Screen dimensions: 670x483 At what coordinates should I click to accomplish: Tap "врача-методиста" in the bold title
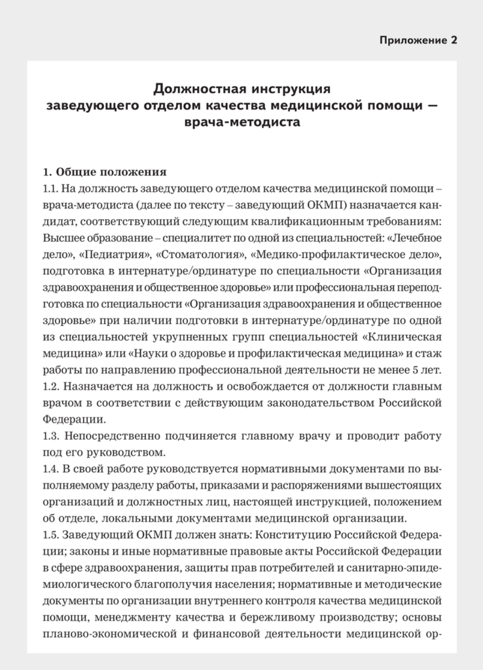pos(241,122)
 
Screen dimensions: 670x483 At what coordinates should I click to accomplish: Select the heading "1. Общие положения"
pos(105,173)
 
